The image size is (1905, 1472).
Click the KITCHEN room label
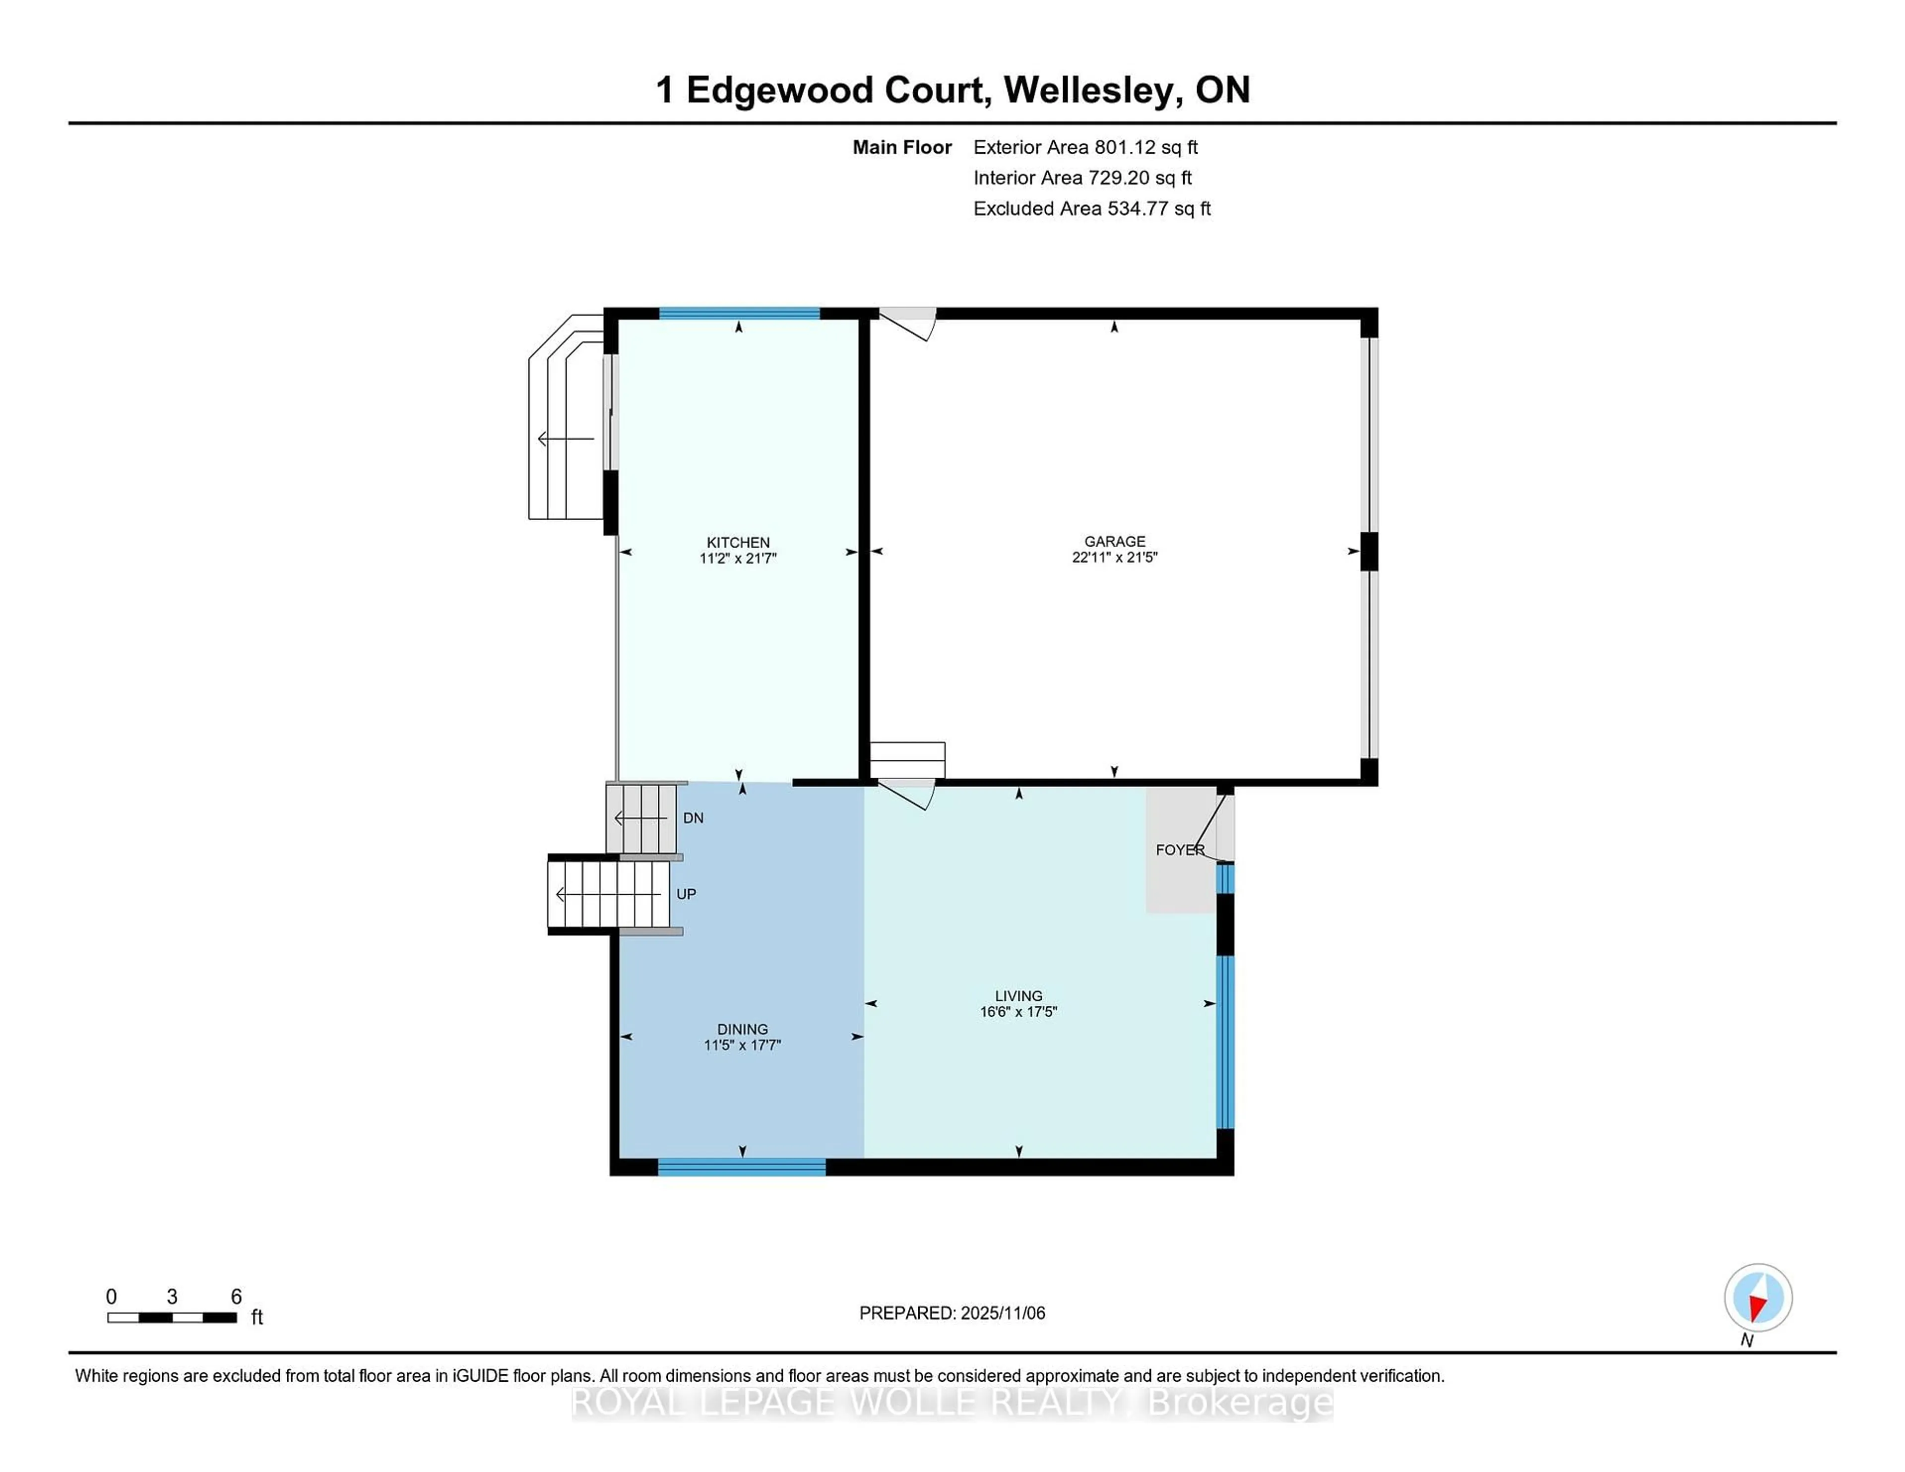(x=737, y=542)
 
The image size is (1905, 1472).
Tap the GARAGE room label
(x=1114, y=541)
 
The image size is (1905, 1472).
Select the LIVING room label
(x=1018, y=995)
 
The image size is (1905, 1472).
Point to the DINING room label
(x=742, y=1029)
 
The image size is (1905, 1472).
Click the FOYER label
(x=1179, y=850)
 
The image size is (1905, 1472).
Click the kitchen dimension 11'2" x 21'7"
(x=737, y=558)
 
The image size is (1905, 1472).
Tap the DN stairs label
(x=693, y=818)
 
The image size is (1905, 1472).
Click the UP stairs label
(x=686, y=894)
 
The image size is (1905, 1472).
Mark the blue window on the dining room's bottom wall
(x=742, y=1167)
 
